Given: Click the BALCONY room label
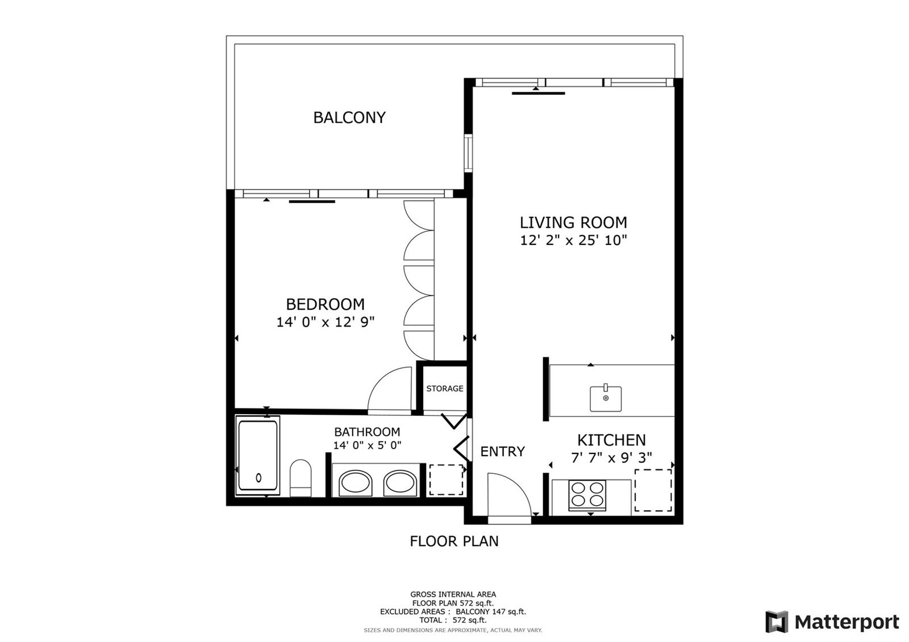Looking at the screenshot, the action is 349,118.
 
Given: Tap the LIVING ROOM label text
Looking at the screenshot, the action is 573,223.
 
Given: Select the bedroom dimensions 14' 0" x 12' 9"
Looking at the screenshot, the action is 326,322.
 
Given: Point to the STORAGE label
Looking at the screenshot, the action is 445,389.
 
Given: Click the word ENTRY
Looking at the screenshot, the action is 502,451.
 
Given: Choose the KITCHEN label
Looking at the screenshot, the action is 611,440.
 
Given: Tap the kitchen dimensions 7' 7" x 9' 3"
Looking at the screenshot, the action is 611,458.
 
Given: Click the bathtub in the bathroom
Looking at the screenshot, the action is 258,455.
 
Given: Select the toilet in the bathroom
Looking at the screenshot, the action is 301,478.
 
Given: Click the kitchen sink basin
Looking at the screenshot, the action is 606,399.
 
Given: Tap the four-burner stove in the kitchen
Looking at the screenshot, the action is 587,495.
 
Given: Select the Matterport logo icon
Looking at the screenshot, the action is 777,622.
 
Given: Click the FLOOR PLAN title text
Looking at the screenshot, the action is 454,541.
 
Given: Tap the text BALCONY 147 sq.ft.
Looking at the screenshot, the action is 491,611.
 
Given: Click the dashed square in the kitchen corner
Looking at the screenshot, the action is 653,490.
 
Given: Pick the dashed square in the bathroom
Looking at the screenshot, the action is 447,480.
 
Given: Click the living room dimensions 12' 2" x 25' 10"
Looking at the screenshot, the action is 573,240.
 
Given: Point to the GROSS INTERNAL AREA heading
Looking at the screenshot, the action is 453,594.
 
